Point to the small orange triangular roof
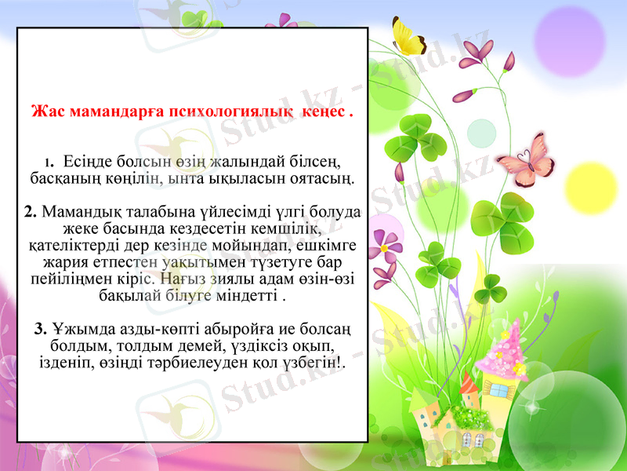469,384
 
